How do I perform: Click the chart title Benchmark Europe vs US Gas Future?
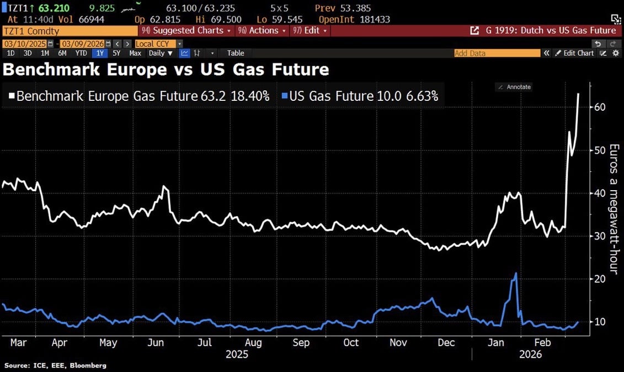pyautogui.click(x=166, y=69)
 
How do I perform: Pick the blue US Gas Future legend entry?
pyautogui.click(x=359, y=96)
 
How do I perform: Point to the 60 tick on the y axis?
pyautogui.click(x=600, y=106)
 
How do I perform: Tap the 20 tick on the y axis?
pyautogui.click(x=600, y=279)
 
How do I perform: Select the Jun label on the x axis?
pyautogui.click(x=156, y=342)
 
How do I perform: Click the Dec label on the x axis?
pyautogui.click(x=446, y=342)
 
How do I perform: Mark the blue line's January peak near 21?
pyautogui.click(x=516, y=273)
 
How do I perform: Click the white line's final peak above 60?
pyautogui.click(x=578, y=94)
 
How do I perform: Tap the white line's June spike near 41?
pyautogui.click(x=164, y=187)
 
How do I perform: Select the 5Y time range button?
pyautogui.click(x=116, y=53)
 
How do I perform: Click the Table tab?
pyautogui.click(x=236, y=53)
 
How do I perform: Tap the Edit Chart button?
pyautogui.click(x=575, y=53)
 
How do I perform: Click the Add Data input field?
pyautogui.click(x=497, y=53)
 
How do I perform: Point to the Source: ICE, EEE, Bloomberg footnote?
pyautogui.click(x=56, y=365)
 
